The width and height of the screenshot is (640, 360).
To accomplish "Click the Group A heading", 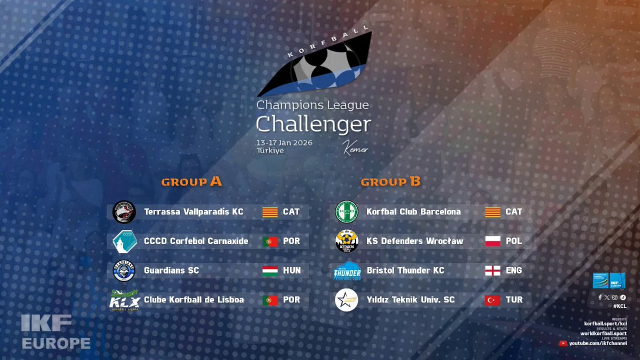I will tap(191, 182).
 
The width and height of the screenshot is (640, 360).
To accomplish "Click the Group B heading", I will tap(390, 182).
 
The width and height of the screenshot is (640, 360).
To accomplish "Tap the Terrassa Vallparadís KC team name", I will tap(194, 212).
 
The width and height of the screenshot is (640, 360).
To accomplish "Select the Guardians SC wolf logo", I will tap(124, 270).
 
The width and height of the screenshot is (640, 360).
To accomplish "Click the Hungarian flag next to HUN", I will tap(270, 270).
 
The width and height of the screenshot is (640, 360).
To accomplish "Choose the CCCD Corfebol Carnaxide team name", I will tap(196, 241).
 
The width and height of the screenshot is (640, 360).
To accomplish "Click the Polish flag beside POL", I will tap(492, 241).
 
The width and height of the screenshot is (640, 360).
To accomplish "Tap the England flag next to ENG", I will tap(492, 270).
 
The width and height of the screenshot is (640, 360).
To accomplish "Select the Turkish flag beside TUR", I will tap(492, 300).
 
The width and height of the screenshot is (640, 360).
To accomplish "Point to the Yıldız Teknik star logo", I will tap(347, 300).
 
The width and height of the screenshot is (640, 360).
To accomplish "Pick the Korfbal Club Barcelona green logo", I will tap(347, 212).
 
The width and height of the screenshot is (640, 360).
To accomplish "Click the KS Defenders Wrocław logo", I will tap(347, 241).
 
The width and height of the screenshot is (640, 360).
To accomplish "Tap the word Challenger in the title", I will tap(313, 124).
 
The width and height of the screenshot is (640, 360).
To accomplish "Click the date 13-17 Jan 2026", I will tap(284, 143).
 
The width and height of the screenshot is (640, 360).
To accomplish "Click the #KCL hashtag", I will tap(620, 306).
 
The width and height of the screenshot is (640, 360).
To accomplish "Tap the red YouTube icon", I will tap(563, 343).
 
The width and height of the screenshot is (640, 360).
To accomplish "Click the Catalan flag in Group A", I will tap(270, 212).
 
